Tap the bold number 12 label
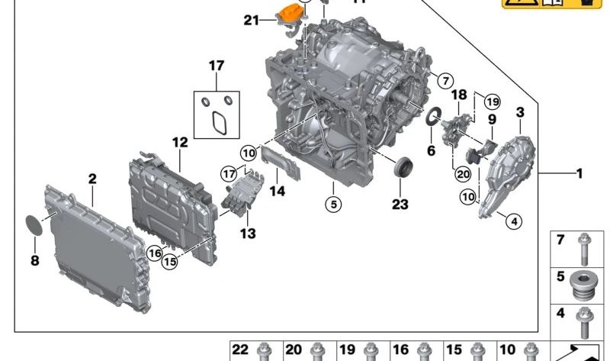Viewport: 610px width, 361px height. point(179,142)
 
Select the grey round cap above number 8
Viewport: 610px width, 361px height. point(34,226)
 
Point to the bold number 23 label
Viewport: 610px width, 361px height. point(400,204)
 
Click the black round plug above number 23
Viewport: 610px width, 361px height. point(403,166)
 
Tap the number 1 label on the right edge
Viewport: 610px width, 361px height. point(579,174)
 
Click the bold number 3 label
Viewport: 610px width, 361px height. point(520,113)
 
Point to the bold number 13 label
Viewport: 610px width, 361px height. point(249,234)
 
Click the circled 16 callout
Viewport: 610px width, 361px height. point(155,253)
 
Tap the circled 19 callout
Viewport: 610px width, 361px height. point(492,102)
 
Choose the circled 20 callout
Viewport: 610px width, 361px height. point(462,174)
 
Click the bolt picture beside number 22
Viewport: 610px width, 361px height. point(265,352)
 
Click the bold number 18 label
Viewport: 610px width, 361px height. point(458,95)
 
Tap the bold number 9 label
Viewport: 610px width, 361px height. point(492,120)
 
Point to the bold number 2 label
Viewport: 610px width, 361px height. point(92,179)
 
